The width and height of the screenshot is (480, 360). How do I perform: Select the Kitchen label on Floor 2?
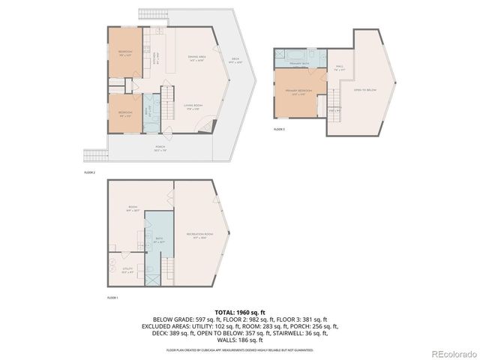click(156, 58)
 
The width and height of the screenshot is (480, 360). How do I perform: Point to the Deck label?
click(234, 61)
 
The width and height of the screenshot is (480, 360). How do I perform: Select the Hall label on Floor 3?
click(340, 68)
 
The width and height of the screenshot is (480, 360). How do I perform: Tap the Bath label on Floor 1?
click(158, 241)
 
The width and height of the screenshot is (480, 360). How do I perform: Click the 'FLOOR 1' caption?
click(112, 298)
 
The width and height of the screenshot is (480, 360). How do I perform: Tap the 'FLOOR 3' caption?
click(279, 130)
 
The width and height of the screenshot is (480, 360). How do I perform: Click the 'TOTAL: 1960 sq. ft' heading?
click(240, 311)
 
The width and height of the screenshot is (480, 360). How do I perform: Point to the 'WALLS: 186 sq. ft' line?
click(240, 340)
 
